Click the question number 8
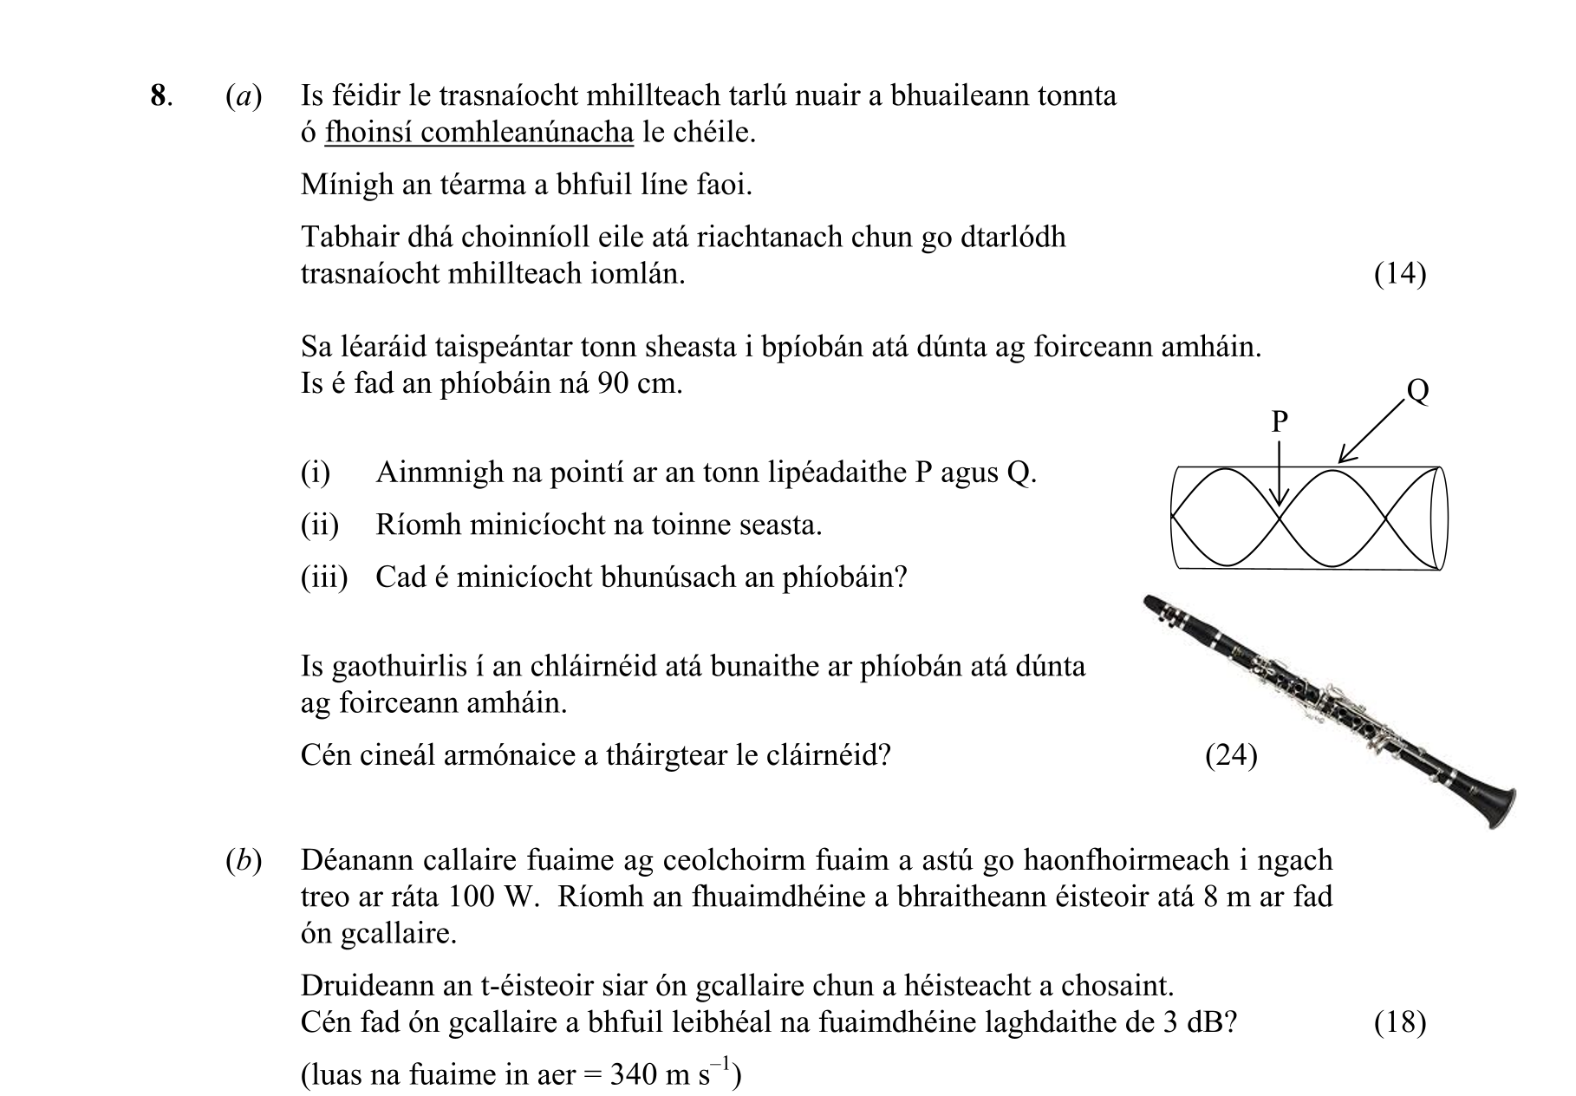click(x=158, y=95)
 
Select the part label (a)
click(x=243, y=95)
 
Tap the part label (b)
click(x=243, y=860)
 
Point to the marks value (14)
click(x=1400, y=274)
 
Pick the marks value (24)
click(x=1231, y=756)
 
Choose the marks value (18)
click(x=1400, y=1023)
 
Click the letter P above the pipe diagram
click(x=1280, y=422)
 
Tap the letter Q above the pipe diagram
click(x=1418, y=391)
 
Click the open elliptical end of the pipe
click(x=1439, y=519)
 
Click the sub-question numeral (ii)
click(x=319, y=525)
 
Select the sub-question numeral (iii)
click(x=323, y=577)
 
